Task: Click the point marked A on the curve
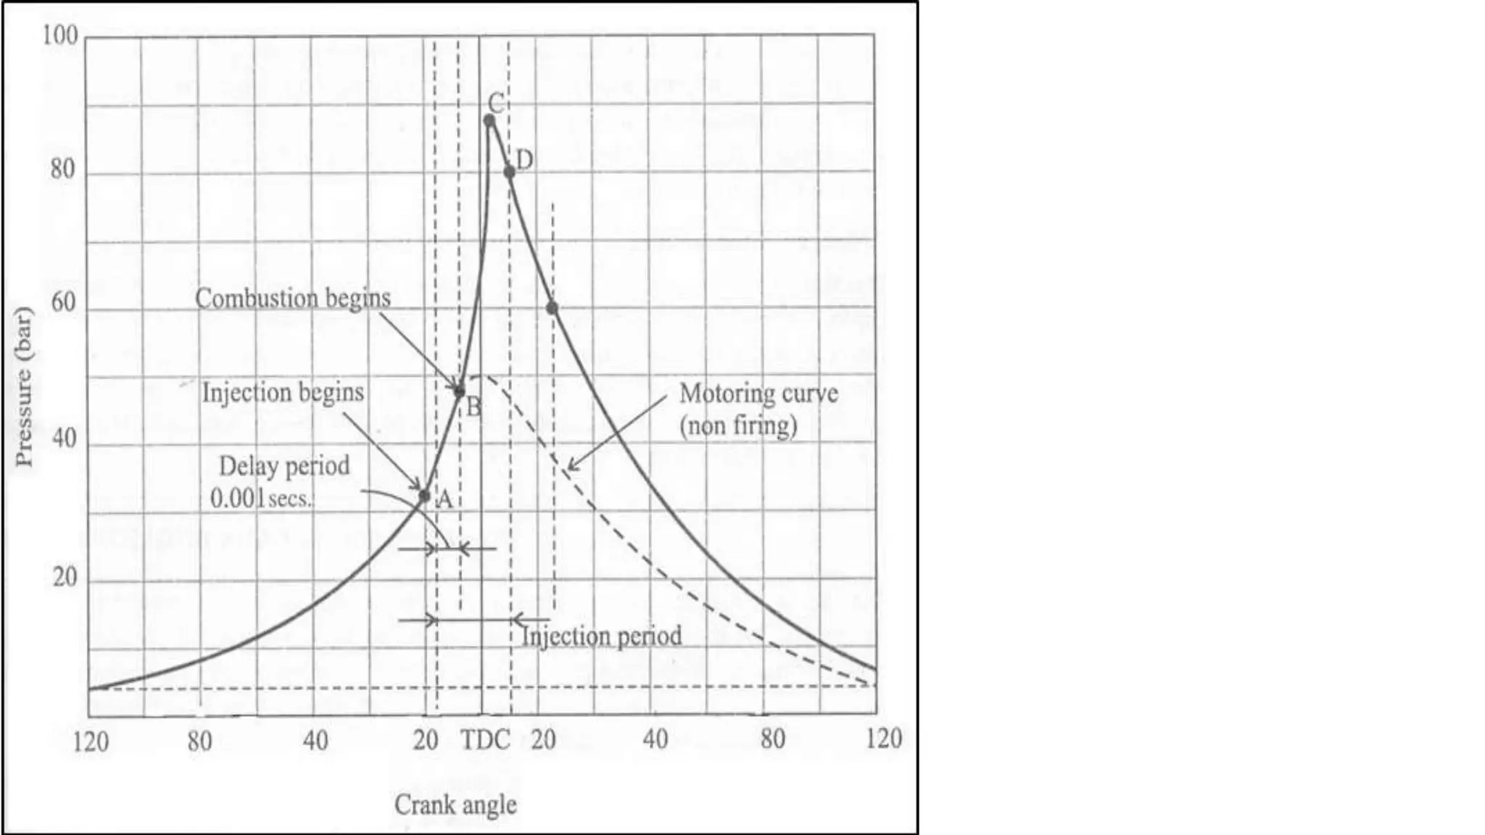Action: [x=425, y=496]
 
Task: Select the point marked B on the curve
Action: [x=459, y=391]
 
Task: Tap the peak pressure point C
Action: [x=489, y=120]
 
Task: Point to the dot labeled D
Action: [x=510, y=172]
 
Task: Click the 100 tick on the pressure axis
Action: [x=59, y=36]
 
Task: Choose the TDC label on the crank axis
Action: [x=485, y=740]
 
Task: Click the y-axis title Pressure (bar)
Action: [x=25, y=388]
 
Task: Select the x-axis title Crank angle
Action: [x=455, y=805]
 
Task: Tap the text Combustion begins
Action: [x=292, y=299]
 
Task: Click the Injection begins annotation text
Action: [x=283, y=393]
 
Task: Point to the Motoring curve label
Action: [x=758, y=394]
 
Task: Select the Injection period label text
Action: [x=602, y=636]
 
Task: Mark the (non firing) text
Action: [x=738, y=425]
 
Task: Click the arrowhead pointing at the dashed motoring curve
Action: [x=571, y=466]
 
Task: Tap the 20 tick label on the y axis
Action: [x=65, y=577]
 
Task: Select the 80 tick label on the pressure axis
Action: [x=63, y=170]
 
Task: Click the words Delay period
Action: [x=284, y=466]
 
